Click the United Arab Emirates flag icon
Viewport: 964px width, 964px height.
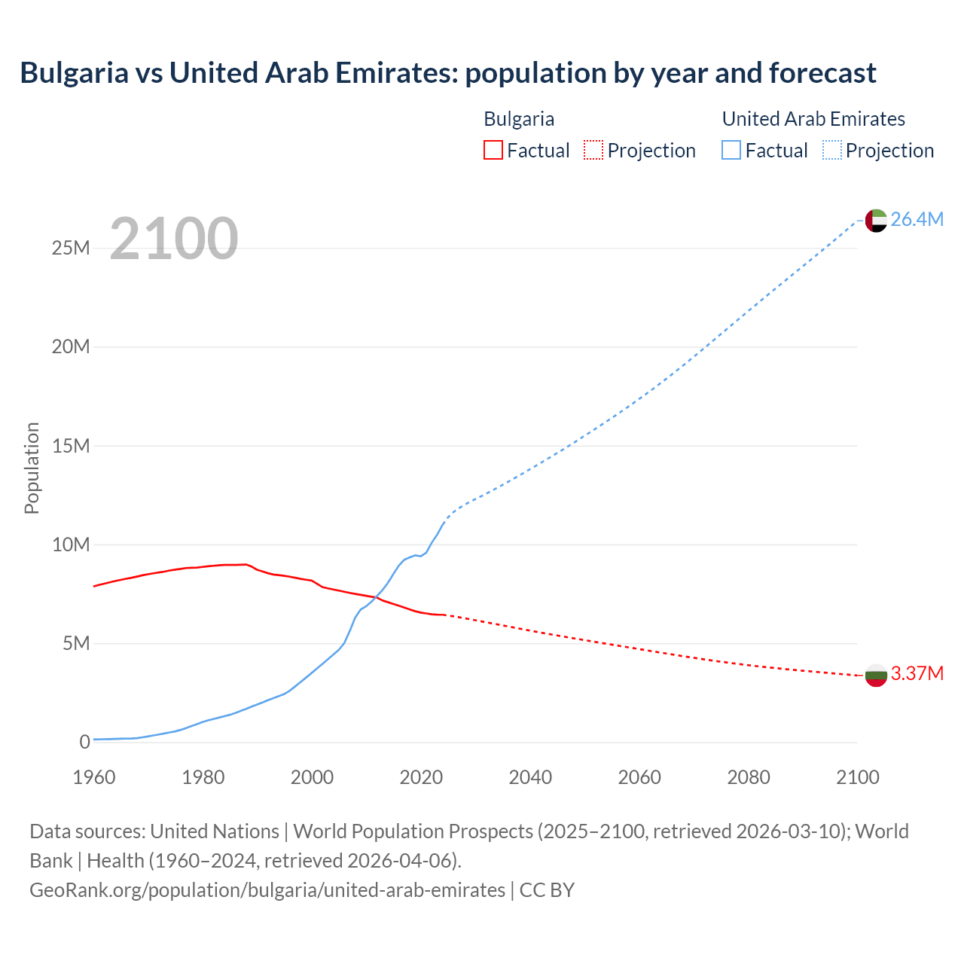(x=876, y=220)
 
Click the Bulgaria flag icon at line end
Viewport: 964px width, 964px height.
(x=876, y=675)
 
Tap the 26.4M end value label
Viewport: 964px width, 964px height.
(x=917, y=220)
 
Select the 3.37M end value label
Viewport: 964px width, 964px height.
(x=917, y=674)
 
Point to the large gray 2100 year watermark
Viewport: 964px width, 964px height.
(x=174, y=239)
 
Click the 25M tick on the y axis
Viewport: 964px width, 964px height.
(x=71, y=249)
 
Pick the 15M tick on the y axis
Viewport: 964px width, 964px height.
(x=71, y=446)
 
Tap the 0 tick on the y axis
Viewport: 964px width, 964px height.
(x=84, y=742)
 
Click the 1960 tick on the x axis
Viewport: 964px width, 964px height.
(x=94, y=777)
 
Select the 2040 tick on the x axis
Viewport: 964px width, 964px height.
(x=530, y=777)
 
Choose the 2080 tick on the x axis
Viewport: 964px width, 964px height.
(x=749, y=777)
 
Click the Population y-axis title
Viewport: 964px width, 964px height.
(x=32, y=468)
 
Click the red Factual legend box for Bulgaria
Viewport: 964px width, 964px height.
(x=493, y=150)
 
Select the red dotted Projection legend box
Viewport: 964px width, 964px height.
(x=593, y=150)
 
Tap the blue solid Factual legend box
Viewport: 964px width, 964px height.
(x=731, y=150)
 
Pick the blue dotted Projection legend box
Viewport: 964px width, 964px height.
(x=832, y=150)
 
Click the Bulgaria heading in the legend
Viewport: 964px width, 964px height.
(x=519, y=119)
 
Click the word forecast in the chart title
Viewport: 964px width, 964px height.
(x=822, y=73)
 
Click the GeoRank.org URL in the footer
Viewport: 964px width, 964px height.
(x=267, y=890)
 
